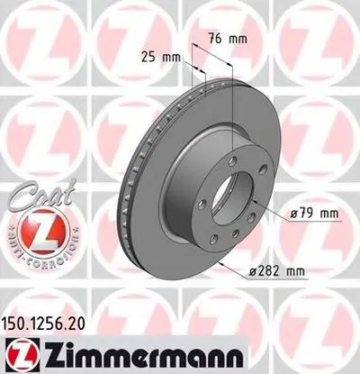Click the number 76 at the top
220,39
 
